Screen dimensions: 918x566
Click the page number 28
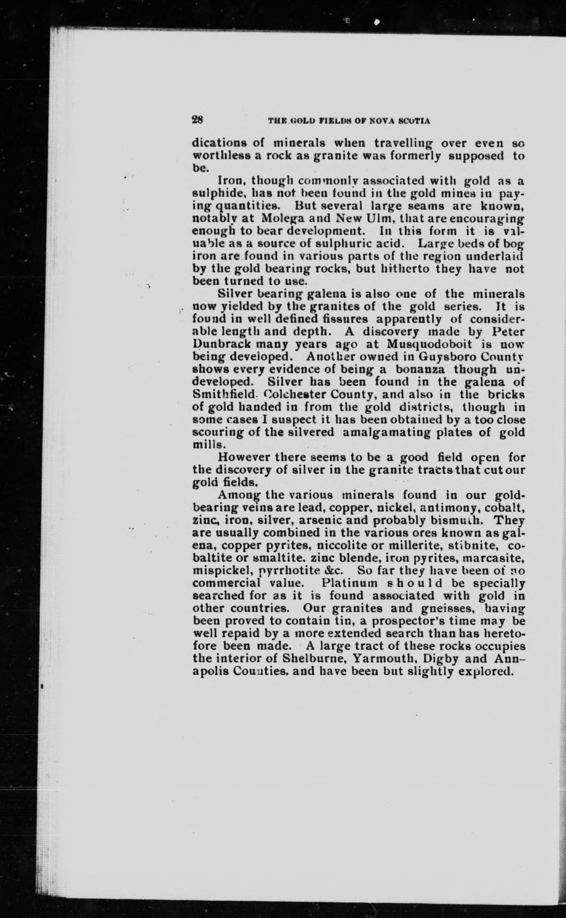point(197,120)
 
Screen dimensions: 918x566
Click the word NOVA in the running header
point(384,121)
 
